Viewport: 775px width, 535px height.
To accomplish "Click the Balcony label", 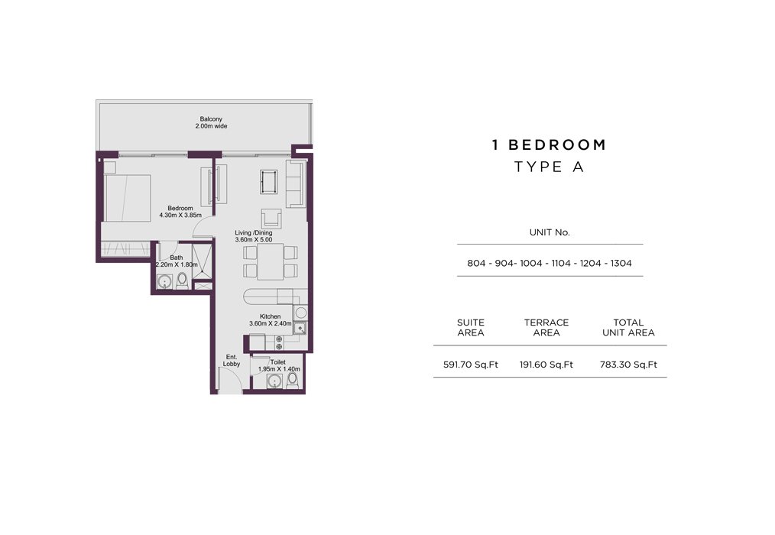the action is pyautogui.click(x=211, y=119).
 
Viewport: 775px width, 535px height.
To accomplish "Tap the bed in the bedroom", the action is pyautogui.click(x=127, y=198).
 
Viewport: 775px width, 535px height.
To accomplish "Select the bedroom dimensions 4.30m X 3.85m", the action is pyautogui.click(x=180, y=216).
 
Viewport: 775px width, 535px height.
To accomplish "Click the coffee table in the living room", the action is pyautogui.click(x=269, y=182).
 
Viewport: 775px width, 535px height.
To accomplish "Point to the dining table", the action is pyautogui.click(x=271, y=261).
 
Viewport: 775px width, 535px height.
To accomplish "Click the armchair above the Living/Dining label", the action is pyautogui.click(x=271, y=219).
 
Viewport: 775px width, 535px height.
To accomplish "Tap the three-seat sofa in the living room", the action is pyautogui.click(x=296, y=183).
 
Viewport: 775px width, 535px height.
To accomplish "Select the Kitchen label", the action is pyautogui.click(x=271, y=316).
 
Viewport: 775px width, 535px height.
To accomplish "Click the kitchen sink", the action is pyautogui.click(x=300, y=328).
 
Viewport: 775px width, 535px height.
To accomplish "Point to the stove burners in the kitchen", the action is pyautogui.click(x=279, y=342).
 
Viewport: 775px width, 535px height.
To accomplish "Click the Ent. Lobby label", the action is pyautogui.click(x=232, y=361).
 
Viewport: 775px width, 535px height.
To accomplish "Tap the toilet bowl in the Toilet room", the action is pyautogui.click(x=293, y=381).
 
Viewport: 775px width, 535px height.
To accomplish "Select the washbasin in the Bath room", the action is pyautogui.click(x=164, y=282).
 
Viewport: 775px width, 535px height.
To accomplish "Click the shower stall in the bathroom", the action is pyautogui.click(x=202, y=261).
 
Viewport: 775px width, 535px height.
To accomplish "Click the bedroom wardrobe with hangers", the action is pyautogui.click(x=125, y=248).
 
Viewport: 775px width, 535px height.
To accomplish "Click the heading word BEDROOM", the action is pyautogui.click(x=557, y=145).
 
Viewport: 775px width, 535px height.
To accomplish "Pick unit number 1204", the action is pyautogui.click(x=590, y=263).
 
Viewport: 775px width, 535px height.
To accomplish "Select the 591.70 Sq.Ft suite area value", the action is pyautogui.click(x=471, y=365).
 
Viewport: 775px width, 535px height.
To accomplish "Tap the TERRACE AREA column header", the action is pyautogui.click(x=546, y=327).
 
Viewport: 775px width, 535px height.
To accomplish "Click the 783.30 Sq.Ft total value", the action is pyautogui.click(x=628, y=365).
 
